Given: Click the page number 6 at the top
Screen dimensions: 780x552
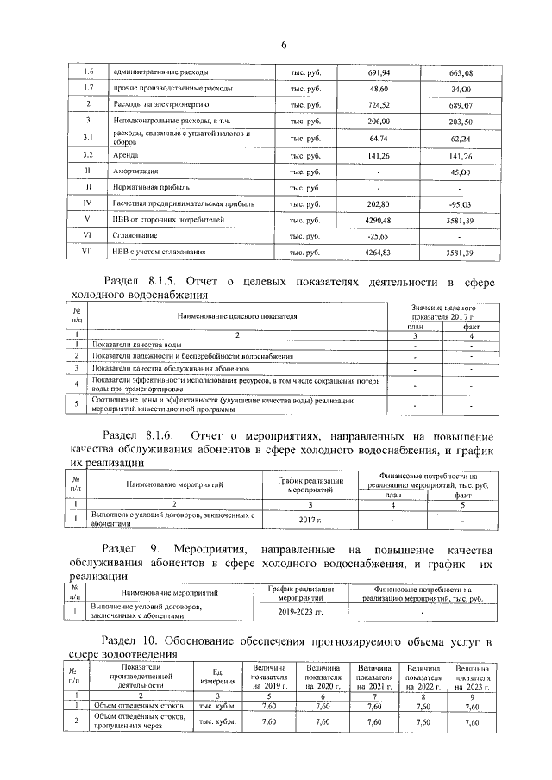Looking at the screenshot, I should coord(282,45).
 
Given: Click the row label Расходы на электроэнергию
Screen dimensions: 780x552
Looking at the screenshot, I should coord(154,105).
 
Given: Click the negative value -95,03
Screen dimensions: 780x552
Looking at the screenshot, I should coord(485,204).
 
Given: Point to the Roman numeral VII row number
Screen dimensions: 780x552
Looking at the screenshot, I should coord(87,253).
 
